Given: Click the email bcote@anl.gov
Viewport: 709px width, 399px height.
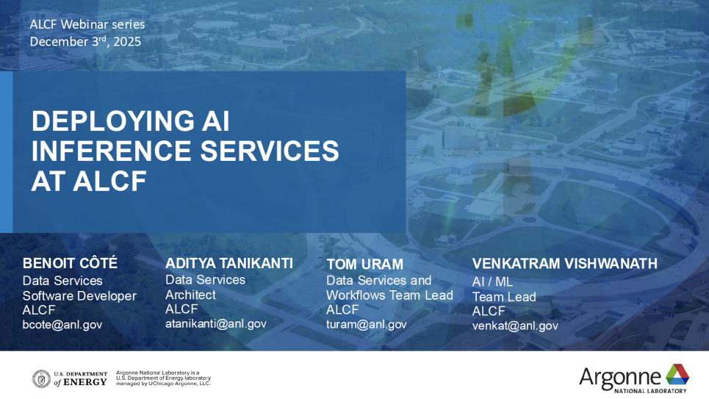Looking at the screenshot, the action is tap(62, 325).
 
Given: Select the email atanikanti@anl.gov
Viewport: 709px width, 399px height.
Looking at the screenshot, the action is tap(216, 324).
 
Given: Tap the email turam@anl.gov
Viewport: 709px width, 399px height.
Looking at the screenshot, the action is tap(367, 324).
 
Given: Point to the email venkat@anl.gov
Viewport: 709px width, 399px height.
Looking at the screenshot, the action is tap(515, 326).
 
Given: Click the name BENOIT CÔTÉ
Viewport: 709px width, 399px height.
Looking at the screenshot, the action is tap(70, 263).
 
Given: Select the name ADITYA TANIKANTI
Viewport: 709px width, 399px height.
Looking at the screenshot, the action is tap(229, 263).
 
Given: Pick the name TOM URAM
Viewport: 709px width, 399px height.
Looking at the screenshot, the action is tap(365, 265).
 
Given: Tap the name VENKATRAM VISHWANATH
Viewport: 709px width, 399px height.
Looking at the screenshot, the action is tap(565, 263).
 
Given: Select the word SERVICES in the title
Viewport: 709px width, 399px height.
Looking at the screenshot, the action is tap(270, 151).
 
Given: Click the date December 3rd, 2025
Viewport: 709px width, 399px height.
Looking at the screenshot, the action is tap(85, 41).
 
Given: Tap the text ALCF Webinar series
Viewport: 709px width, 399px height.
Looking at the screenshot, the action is tap(87, 24).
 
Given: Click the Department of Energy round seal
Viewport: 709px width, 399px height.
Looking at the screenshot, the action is tap(41, 379).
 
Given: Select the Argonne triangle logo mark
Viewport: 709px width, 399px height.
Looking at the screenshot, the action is tap(677, 375).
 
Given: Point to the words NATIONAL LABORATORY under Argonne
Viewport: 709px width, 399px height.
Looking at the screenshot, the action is tap(650, 390).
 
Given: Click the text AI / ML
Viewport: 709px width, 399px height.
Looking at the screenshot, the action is tap(492, 282).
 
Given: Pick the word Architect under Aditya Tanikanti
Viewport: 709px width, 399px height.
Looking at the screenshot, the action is tap(190, 295).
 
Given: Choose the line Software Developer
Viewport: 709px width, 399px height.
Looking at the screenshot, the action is tap(79, 296).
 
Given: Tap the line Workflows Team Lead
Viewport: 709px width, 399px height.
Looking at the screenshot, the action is tap(390, 295).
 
